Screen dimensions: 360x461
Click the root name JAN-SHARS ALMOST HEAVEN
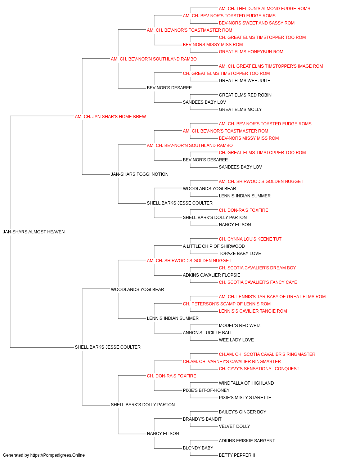[34, 232]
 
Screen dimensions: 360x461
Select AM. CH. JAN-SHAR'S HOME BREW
[110, 117]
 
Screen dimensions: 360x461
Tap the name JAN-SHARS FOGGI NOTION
[140, 174]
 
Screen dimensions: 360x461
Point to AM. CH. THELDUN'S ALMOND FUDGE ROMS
[264, 9]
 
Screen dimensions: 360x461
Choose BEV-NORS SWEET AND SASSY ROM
[257, 23]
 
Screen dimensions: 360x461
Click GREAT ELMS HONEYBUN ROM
[251, 52]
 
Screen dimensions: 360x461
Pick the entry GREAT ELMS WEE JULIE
[244, 81]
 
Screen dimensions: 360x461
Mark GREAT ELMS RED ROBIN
[245, 95]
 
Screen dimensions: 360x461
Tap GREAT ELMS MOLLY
[240, 109]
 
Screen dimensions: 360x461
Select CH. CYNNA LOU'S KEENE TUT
[250, 239]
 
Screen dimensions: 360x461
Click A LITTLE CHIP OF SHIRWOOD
[214, 246]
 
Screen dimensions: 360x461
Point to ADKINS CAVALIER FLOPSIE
[211, 275]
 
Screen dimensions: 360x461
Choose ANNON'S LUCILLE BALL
[208, 333]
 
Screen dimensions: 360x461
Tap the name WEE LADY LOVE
[236, 340]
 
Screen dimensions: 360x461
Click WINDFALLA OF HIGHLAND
[246, 383]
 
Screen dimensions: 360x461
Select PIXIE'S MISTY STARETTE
[245, 398]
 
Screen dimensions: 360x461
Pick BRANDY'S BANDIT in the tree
[202, 419]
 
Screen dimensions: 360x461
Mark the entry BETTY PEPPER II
[237, 455]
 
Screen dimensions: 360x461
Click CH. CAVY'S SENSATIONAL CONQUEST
[259, 369]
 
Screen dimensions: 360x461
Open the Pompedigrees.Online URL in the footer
[57, 455]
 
